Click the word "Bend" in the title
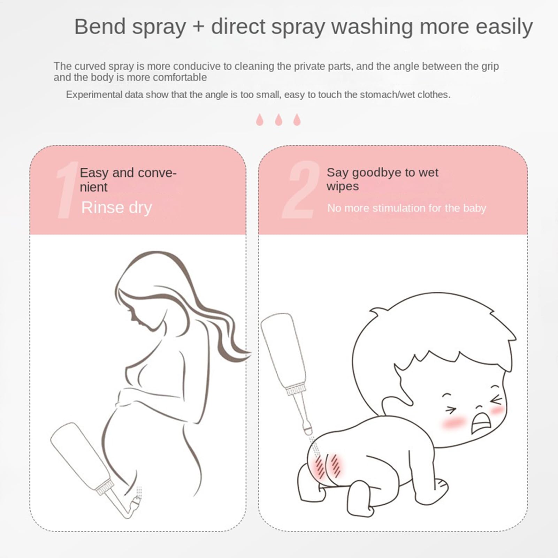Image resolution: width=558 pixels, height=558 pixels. click(x=100, y=27)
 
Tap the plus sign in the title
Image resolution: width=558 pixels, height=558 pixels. click(x=198, y=27)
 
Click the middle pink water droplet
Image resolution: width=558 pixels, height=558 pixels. click(x=278, y=120)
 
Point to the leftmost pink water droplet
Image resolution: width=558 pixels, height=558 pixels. click(x=260, y=120)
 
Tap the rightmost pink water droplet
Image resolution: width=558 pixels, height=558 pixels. click(x=297, y=120)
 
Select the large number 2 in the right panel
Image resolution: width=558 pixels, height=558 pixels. click(x=300, y=190)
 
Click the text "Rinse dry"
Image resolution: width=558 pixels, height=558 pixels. click(x=116, y=208)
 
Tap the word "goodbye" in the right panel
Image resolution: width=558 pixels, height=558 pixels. click(x=380, y=172)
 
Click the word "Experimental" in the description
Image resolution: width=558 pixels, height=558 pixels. click(x=94, y=95)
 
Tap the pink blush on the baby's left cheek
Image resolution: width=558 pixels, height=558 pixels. click(x=454, y=423)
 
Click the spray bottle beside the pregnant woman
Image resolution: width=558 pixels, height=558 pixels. click(x=80, y=457)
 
